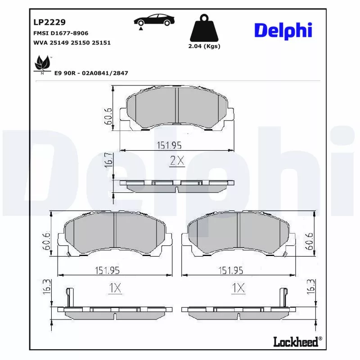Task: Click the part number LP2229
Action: pos(49,22)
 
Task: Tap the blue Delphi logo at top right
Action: pos(283,31)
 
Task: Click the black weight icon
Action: pos(204,28)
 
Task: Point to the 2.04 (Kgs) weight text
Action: pos(204,46)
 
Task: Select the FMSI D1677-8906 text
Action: pos(61,33)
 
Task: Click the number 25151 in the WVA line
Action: pos(101,43)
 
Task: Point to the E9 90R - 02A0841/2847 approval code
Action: pos(91,73)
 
